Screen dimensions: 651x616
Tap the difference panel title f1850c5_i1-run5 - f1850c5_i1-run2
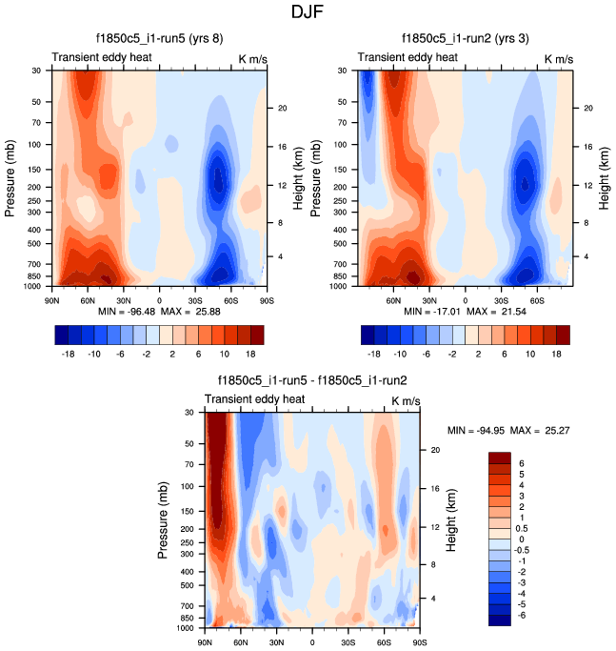tap(311, 379)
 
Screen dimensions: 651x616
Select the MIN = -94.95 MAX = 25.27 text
tap(507, 430)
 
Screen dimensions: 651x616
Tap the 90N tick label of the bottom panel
tap(205, 643)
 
